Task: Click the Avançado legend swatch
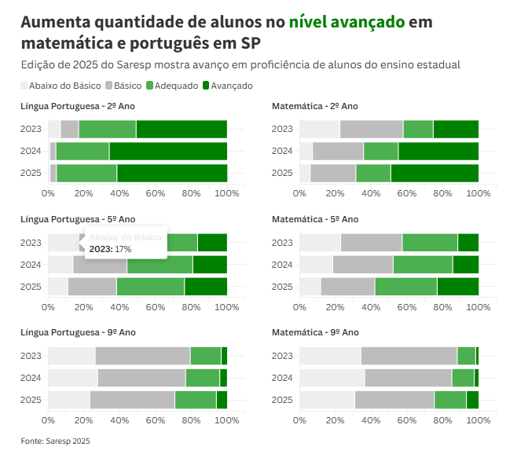[206, 85]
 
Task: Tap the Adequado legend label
[176, 85]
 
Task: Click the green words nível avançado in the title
[346, 22]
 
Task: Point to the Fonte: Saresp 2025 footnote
[56, 441]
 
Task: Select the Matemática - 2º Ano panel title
[315, 105]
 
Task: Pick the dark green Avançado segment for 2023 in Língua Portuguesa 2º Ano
[181, 129]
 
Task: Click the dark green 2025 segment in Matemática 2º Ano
[434, 173]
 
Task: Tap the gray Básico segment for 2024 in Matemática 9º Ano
[408, 378]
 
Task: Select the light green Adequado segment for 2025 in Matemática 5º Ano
[405, 287]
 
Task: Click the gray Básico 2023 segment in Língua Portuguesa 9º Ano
[142, 356]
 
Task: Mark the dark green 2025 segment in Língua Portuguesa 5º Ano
[206, 287]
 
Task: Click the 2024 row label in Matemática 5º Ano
[282, 265]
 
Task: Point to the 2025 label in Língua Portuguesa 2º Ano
[31, 173]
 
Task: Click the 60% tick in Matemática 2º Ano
[407, 193]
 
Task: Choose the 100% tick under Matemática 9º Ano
[478, 420]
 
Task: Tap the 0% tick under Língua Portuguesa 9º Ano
[48, 420]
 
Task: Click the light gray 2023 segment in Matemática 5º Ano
[320, 243]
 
